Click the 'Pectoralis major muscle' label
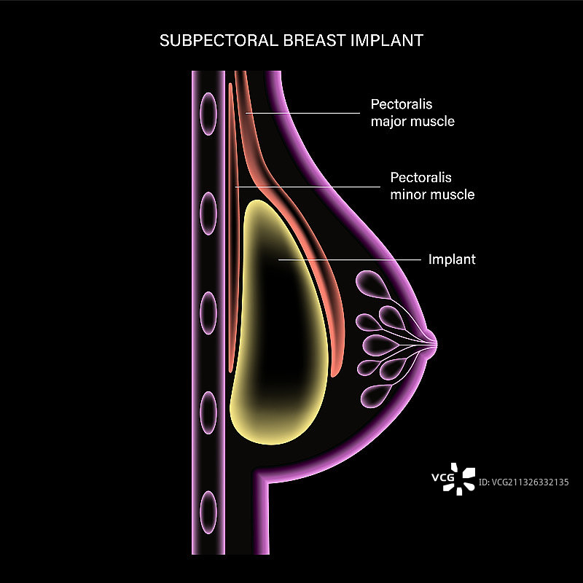pyautogui.click(x=412, y=113)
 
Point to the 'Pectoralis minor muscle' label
pyautogui.click(x=431, y=186)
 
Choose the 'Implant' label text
pyautogui.click(x=452, y=259)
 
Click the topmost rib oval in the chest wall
pyautogui.click(x=208, y=111)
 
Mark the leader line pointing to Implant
pyautogui.click(x=350, y=259)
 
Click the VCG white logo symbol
pyautogui.click(x=462, y=478)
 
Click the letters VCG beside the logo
pyautogui.click(x=442, y=479)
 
